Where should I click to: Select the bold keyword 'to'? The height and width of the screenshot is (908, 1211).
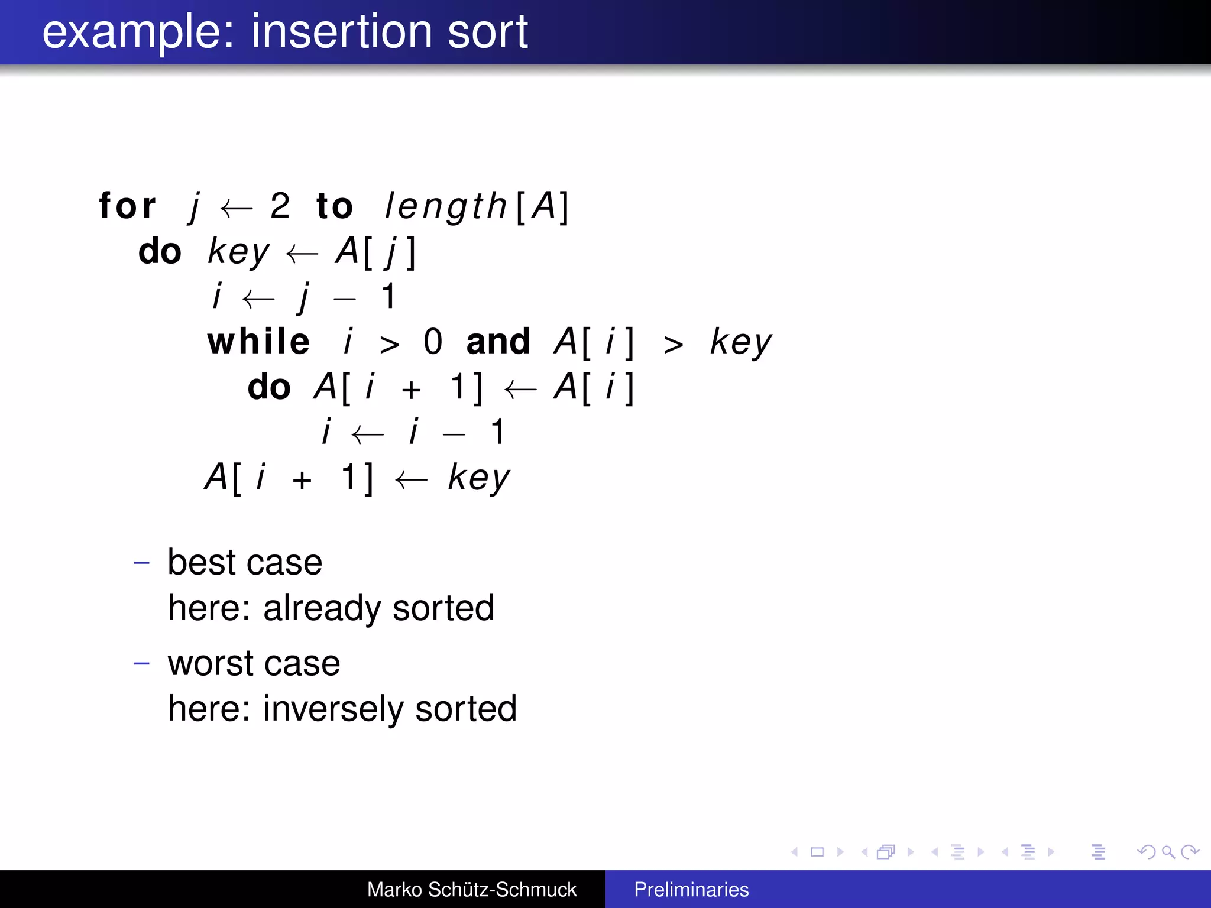[335, 206]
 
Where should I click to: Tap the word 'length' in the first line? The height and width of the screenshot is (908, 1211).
[446, 206]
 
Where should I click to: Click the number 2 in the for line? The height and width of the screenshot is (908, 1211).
[280, 206]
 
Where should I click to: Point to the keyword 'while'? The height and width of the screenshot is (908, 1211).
[258, 342]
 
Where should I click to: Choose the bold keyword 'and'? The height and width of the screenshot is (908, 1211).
[498, 342]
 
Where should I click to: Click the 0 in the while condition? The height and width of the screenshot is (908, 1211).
[433, 342]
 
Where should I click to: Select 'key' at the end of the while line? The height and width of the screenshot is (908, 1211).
[740, 342]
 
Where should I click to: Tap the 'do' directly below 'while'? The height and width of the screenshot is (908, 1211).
[269, 387]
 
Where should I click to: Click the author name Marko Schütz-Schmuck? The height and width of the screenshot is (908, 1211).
[471, 889]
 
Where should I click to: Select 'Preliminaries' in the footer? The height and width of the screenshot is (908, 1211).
[691, 889]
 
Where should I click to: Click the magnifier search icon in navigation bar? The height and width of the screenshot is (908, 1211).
[1168, 852]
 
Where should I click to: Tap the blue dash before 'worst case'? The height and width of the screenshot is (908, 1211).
[142, 663]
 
